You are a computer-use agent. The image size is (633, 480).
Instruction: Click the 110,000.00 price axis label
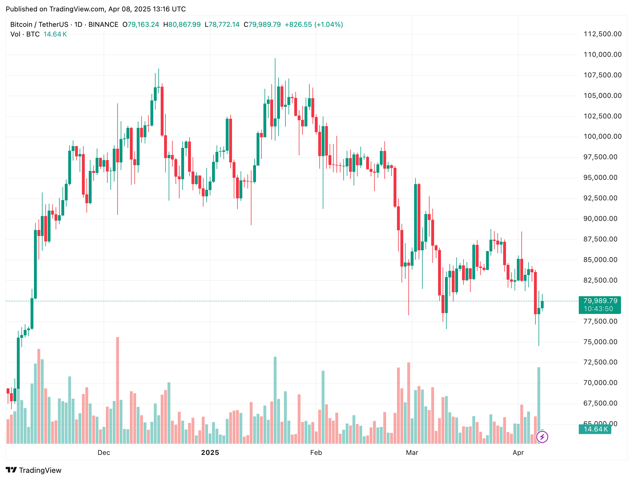(x=602, y=55)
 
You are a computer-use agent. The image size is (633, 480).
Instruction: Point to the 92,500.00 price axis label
(x=600, y=198)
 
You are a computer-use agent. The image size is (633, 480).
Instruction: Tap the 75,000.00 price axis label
(x=600, y=342)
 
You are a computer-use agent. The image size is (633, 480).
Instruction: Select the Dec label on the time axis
(x=104, y=453)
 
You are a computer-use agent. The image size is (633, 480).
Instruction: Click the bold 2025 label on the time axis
(x=210, y=453)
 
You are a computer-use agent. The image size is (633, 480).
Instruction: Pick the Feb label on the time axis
(x=316, y=453)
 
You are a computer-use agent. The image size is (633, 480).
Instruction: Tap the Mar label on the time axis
(x=412, y=453)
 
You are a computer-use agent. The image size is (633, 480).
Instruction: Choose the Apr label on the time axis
(x=518, y=453)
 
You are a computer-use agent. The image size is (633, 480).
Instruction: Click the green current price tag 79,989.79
(x=600, y=301)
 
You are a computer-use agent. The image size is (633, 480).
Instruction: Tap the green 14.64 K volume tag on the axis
(x=595, y=429)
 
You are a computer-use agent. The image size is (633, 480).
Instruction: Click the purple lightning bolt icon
(x=542, y=437)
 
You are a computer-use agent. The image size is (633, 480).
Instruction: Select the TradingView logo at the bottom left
(x=33, y=470)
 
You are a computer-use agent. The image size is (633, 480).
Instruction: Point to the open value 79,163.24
(x=143, y=25)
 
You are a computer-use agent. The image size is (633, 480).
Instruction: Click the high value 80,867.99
(x=184, y=25)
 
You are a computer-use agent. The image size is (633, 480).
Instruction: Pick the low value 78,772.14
(x=223, y=25)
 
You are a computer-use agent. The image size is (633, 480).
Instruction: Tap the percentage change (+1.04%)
(x=328, y=25)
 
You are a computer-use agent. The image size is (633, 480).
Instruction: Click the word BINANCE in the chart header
(x=103, y=25)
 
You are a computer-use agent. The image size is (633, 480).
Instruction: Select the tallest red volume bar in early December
(x=117, y=390)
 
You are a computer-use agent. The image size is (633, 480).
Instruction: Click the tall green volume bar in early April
(x=539, y=405)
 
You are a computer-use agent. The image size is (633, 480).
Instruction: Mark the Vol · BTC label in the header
(x=25, y=34)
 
